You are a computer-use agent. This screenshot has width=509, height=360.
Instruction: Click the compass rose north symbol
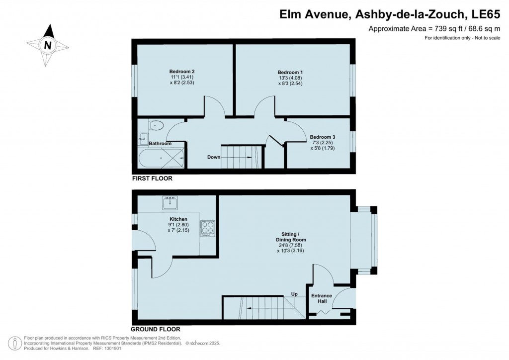(48, 45)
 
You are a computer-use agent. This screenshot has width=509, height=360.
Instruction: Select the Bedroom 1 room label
(290, 72)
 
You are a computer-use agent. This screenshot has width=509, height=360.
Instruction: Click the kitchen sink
(170, 203)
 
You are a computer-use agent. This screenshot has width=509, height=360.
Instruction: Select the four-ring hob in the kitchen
(207, 228)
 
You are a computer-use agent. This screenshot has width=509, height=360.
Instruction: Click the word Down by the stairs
(214, 157)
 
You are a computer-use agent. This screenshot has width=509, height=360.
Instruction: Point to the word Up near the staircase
(294, 294)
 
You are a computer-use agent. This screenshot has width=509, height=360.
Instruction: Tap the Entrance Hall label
(322, 299)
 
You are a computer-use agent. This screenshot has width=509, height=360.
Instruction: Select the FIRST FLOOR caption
(152, 178)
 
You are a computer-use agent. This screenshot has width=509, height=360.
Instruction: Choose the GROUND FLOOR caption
(155, 329)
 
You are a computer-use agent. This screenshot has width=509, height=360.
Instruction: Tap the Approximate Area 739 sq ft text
(433, 29)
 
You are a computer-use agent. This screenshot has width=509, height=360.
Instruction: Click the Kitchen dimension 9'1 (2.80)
(177, 225)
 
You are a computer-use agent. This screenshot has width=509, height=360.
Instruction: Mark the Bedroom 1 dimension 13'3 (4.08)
(290, 78)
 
